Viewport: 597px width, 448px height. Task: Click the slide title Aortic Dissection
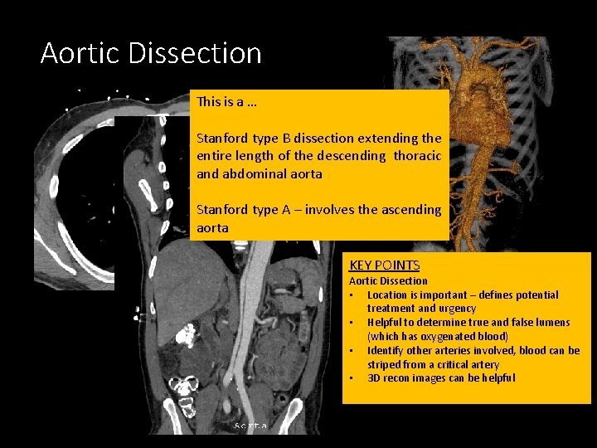click(x=151, y=54)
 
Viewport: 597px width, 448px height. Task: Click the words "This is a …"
click(x=226, y=102)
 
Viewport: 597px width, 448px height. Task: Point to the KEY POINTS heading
click(x=384, y=265)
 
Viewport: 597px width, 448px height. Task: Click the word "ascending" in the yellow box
click(x=412, y=209)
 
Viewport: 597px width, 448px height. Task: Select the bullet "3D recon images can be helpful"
click(x=440, y=377)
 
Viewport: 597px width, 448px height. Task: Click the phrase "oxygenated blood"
click(x=465, y=336)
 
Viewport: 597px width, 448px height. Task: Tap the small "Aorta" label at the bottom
click(x=250, y=426)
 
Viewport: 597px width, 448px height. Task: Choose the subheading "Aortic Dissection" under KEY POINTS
click(x=388, y=280)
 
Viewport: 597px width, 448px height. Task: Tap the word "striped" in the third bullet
click(x=383, y=364)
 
